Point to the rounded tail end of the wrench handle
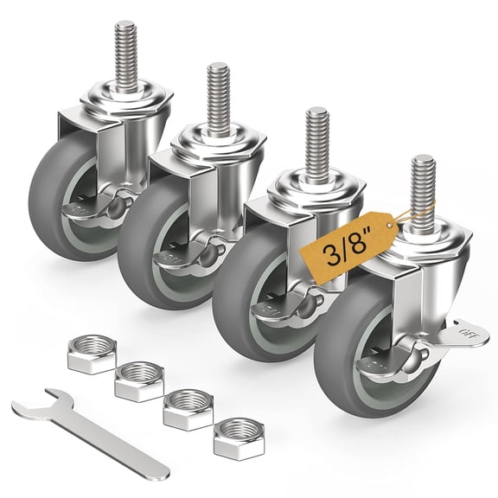[x=161, y=473]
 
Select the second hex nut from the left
[x=140, y=379]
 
